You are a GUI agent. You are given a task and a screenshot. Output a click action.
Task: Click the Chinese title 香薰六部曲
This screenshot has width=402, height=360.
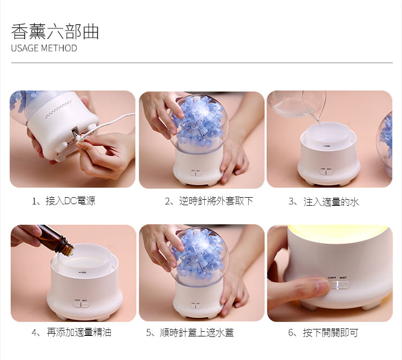coord(55,32)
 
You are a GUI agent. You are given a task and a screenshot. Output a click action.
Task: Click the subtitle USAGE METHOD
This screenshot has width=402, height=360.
coord(44,48)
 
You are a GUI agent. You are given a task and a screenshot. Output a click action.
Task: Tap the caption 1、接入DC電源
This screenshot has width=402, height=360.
coord(63,201)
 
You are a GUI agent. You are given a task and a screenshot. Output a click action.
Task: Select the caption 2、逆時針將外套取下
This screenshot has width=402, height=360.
coord(209,201)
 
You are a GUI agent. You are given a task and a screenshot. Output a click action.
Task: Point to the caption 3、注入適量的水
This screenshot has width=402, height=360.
coord(324,201)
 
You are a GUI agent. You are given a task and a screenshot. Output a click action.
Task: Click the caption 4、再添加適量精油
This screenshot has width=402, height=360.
coord(71,332)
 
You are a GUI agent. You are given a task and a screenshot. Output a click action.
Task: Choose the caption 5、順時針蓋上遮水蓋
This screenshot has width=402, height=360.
coord(190,333)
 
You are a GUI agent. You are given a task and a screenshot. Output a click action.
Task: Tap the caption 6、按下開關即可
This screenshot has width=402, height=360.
coord(323,333)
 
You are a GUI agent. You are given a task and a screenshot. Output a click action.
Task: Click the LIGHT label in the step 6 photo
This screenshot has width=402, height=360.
coord(332,277)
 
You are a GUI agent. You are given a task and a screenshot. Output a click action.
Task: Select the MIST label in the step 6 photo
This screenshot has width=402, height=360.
coord(343,277)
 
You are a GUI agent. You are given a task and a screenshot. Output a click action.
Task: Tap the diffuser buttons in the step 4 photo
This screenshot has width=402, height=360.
coord(81,305)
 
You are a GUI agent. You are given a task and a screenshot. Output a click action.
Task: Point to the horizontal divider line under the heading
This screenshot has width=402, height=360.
coord(202,63)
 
